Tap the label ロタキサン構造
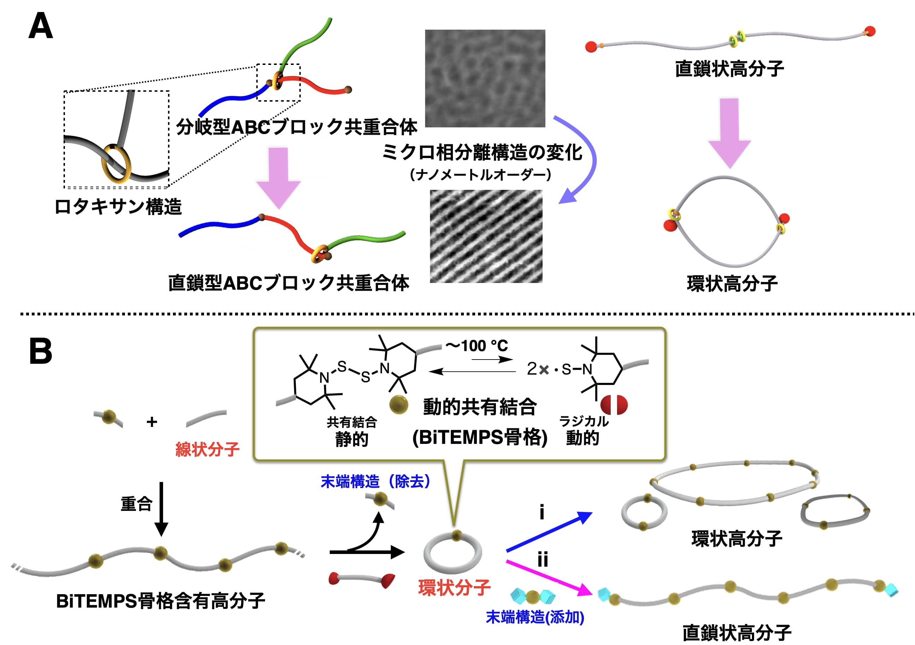[118, 207]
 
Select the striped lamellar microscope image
[486, 236]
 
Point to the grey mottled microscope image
[485, 78]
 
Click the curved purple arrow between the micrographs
[586, 159]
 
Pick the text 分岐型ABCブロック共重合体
[297, 127]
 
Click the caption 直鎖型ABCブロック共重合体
[288, 283]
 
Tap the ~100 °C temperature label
[477, 345]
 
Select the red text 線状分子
[207, 450]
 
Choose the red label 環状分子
[454, 587]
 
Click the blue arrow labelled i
[549, 531]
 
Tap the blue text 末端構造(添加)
[535, 617]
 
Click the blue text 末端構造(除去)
[375, 482]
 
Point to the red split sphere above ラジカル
[614, 405]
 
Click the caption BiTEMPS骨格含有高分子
[160, 601]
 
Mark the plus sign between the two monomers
[152, 422]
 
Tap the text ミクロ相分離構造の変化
[482, 152]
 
